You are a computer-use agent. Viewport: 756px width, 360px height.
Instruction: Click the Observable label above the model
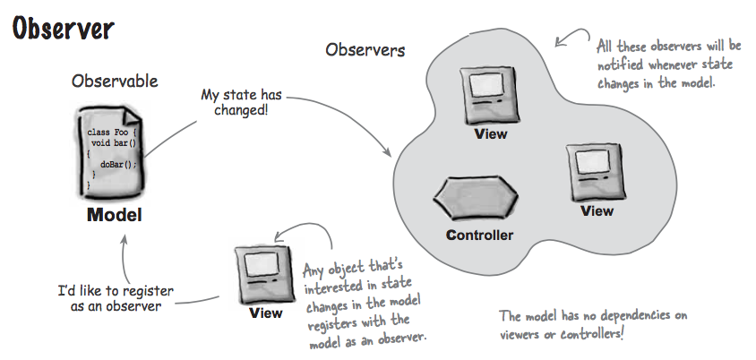115,81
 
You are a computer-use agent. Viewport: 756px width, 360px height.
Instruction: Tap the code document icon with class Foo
112,149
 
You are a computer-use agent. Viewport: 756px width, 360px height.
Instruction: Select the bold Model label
114,215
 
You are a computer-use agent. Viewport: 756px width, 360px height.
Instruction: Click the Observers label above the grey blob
365,50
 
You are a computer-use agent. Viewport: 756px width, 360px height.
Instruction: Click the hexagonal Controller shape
480,197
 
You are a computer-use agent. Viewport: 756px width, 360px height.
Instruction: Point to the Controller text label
480,236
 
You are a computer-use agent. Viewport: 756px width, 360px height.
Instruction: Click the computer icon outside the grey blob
265,273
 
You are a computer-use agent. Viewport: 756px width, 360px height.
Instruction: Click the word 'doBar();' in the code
120,164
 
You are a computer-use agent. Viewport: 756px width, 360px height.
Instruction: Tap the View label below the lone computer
265,313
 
